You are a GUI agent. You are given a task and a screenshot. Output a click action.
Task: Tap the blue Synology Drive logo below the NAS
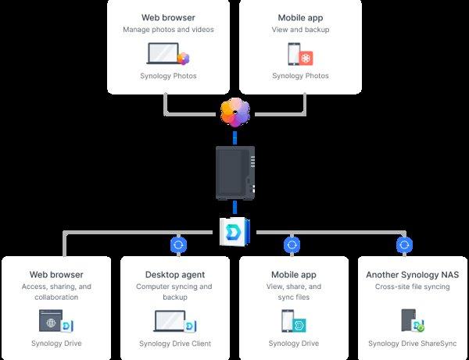point(234,232)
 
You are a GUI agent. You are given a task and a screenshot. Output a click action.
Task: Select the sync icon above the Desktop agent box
point(177,244)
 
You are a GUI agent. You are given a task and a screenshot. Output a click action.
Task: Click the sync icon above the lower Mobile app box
point(292,244)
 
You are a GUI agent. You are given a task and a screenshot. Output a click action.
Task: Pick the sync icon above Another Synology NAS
point(405,244)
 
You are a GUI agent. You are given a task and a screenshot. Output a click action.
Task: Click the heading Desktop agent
point(175,275)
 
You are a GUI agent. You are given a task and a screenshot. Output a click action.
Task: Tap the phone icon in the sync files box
point(288,321)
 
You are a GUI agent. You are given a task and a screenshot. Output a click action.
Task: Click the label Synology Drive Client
point(175,344)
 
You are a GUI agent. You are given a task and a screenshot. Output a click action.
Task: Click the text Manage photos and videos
point(168,30)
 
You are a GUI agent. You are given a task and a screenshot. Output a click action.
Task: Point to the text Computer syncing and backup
point(175,291)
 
